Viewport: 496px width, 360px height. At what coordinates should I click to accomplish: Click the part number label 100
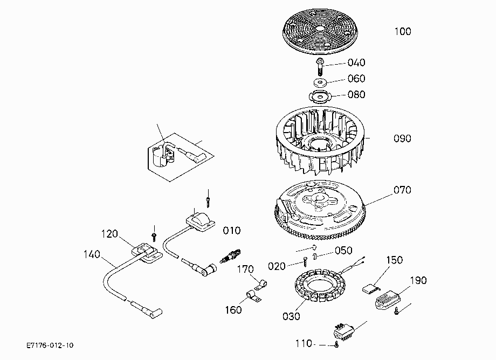click(403, 31)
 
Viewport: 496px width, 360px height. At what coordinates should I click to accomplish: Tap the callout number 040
click(356, 63)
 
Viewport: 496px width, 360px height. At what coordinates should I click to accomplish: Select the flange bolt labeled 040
click(320, 66)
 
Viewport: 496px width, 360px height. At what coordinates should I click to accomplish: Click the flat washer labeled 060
click(320, 82)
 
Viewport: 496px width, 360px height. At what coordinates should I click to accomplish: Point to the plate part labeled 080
click(320, 96)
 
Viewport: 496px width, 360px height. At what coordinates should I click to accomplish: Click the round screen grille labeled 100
click(320, 31)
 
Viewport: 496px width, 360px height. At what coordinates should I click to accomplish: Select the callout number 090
click(402, 139)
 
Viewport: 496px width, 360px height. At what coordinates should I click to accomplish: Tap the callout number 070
click(402, 190)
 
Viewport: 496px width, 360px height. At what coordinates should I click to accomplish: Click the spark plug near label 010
click(230, 255)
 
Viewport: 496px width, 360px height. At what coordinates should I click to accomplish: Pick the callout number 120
click(109, 234)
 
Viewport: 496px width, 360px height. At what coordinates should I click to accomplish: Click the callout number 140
click(92, 254)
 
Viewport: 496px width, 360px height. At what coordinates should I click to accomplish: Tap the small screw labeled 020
click(305, 262)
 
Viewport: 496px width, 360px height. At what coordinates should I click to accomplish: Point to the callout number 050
click(343, 250)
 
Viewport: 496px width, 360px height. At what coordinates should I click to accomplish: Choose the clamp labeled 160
click(254, 296)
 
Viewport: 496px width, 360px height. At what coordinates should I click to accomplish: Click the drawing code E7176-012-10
click(50, 345)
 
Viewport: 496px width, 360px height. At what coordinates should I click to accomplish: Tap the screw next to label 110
click(336, 345)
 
